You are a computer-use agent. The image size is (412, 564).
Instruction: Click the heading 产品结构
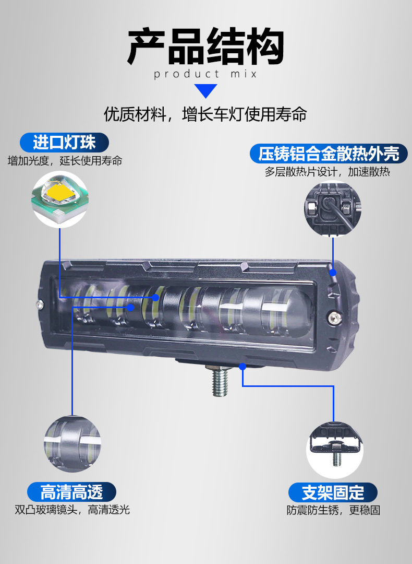click(x=206, y=47)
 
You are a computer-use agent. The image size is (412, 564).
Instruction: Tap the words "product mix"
click(x=205, y=74)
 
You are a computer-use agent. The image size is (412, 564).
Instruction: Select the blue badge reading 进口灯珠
click(x=64, y=143)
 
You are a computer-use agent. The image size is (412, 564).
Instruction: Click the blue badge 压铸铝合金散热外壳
click(x=329, y=154)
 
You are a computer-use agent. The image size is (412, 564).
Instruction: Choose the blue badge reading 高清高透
click(x=71, y=492)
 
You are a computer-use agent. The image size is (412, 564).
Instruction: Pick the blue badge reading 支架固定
click(x=333, y=492)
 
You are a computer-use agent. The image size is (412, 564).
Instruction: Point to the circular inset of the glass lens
click(x=72, y=444)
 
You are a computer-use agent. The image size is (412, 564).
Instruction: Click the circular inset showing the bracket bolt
click(x=334, y=450)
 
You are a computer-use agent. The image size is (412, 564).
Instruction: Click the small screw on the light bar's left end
click(x=40, y=304)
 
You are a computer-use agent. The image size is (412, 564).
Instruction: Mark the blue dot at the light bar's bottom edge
click(x=243, y=367)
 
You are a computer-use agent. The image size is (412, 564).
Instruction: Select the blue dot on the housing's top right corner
click(x=333, y=272)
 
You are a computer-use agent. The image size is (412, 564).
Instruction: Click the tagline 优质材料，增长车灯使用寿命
click(x=205, y=114)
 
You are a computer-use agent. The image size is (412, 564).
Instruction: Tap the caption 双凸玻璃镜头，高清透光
click(x=72, y=510)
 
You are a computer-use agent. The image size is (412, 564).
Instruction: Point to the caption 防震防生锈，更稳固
click(x=333, y=510)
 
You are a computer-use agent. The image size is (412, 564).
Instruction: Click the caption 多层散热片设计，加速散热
click(x=327, y=172)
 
